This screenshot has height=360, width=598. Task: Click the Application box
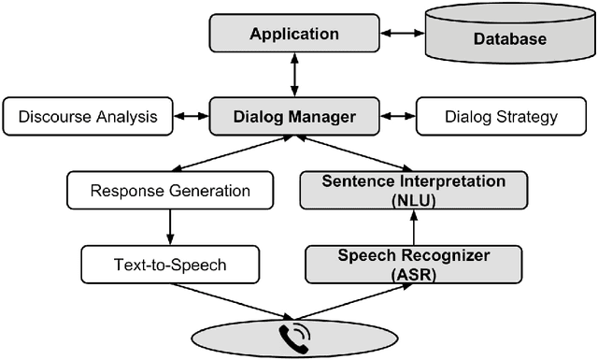tap(294, 35)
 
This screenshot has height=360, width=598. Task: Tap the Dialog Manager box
tap(294, 117)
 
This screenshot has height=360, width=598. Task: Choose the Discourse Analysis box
tap(88, 117)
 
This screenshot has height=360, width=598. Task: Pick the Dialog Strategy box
tap(500, 117)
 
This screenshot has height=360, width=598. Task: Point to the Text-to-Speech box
tap(169, 265)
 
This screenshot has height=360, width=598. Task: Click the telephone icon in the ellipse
tap(292, 338)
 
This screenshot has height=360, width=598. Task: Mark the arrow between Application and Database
tap(402, 36)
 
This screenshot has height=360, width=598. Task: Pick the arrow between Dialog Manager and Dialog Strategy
tap(396, 117)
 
